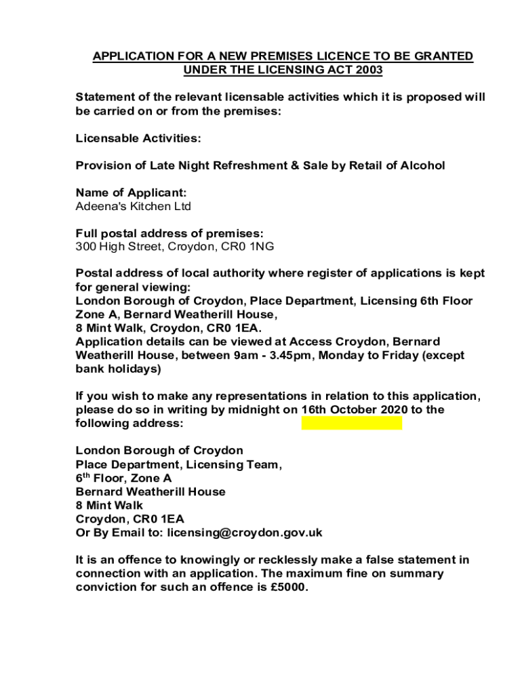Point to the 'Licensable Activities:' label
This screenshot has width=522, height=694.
click(x=138, y=138)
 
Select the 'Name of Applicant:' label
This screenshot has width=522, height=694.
click(x=131, y=192)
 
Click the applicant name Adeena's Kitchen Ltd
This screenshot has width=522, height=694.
click(x=133, y=206)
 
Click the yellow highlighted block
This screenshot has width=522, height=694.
click(x=351, y=424)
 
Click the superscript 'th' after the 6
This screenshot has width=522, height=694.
click(x=86, y=475)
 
